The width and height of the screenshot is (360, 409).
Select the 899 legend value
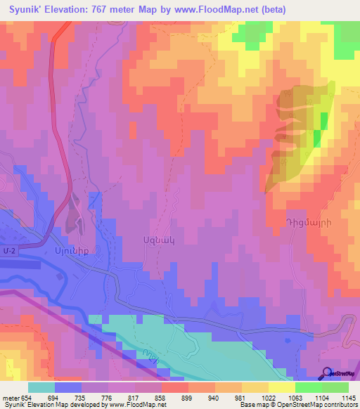tap(188, 397)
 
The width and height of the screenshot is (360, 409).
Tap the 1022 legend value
tap(268, 397)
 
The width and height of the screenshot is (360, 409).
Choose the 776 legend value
tap(108, 397)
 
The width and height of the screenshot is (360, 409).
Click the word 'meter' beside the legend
tap(10, 397)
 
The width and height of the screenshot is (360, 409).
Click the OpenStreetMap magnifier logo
tap(327, 373)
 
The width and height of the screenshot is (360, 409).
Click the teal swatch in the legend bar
tap(41, 387)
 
